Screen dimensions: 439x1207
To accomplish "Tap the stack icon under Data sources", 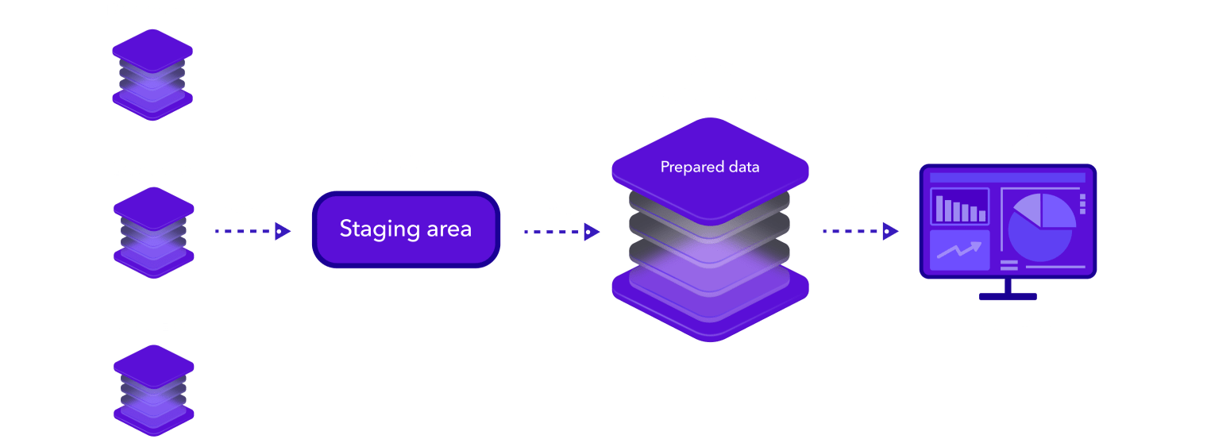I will tap(153, 76).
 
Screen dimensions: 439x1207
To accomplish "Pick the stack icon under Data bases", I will tap(153, 232).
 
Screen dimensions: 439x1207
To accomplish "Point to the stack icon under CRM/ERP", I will tap(153, 389).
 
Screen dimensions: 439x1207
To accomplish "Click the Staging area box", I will tap(406, 229).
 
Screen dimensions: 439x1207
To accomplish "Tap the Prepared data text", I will tap(710, 168).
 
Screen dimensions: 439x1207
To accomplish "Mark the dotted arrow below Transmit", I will tap(860, 232).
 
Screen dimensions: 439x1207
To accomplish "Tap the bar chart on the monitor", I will tap(959, 207).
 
